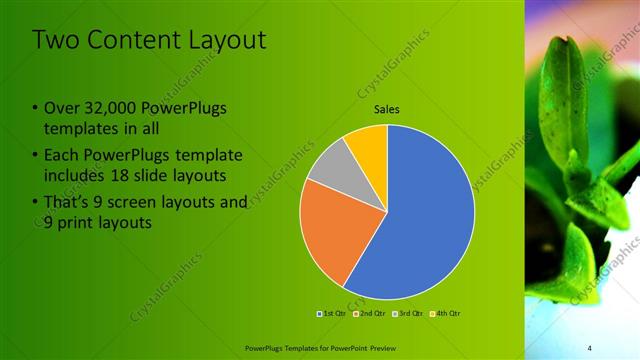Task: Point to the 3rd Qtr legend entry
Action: [407, 314]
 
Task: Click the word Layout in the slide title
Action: [230, 40]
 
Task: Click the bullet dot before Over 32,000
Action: [35, 108]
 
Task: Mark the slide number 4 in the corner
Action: [590, 347]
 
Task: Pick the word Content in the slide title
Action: [129, 40]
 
